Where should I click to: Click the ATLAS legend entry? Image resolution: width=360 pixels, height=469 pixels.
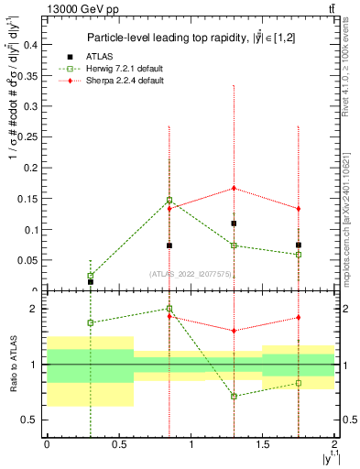pos(101,56)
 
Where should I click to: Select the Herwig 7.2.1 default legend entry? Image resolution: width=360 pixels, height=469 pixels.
pos(124,69)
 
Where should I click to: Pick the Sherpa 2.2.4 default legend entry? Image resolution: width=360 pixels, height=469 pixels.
pos(124,81)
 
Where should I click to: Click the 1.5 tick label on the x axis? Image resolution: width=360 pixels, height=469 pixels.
pos(263,445)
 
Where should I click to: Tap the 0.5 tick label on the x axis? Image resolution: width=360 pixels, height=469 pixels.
pos(119,445)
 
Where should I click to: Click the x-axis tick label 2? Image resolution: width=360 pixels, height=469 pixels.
pos(334,445)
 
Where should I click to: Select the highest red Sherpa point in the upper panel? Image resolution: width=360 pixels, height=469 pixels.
pos(235,188)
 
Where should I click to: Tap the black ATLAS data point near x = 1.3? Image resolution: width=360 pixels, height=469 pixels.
pos(235,224)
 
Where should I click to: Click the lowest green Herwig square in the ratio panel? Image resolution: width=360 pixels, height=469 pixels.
pos(235,396)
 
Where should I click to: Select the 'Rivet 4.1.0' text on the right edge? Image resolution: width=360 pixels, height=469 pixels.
pos(351,92)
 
